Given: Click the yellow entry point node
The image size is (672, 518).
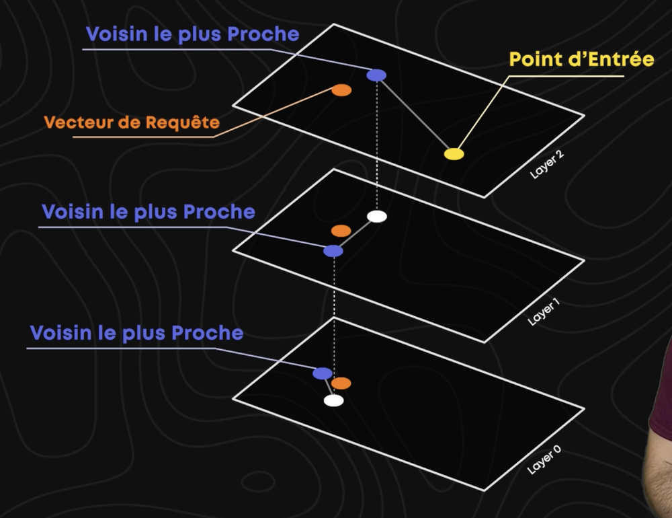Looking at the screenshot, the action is pyautogui.click(x=454, y=154).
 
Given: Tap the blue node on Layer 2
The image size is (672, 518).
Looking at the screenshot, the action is pyautogui.click(x=376, y=75).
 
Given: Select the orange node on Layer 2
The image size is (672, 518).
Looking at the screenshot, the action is pyautogui.click(x=341, y=90).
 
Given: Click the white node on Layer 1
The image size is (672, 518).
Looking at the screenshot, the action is pyautogui.click(x=377, y=216).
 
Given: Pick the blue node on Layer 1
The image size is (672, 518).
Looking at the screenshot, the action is pyautogui.click(x=333, y=251).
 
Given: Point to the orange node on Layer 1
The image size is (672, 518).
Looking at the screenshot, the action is pyautogui.click(x=341, y=231).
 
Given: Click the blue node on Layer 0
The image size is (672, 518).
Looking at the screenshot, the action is pyautogui.click(x=323, y=373).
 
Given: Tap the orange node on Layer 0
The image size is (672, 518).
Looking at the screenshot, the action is pyautogui.click(x=341, y=383).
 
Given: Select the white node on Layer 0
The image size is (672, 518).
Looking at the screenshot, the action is pyautogui.click(x=333, y=400).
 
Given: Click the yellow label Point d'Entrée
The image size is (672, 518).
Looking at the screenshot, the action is pyautogui.click(x=581, y=59).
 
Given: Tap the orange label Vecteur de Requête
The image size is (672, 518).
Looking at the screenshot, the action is pyautogui.click(x=132, y=122).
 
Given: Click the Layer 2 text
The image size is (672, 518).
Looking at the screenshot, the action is pyautogui.click(x=546, y=163).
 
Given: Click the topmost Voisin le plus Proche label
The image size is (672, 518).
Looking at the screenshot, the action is pyautogui.click(x=192, y=34).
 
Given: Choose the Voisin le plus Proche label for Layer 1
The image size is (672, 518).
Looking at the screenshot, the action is pyautogui.click(x=149, y=212).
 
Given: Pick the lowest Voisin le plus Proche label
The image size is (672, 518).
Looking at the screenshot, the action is pyautogui.click(x=136, y=332).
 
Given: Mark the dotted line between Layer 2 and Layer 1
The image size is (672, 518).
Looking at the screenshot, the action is pyautogui.click(x=377, y=145).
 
